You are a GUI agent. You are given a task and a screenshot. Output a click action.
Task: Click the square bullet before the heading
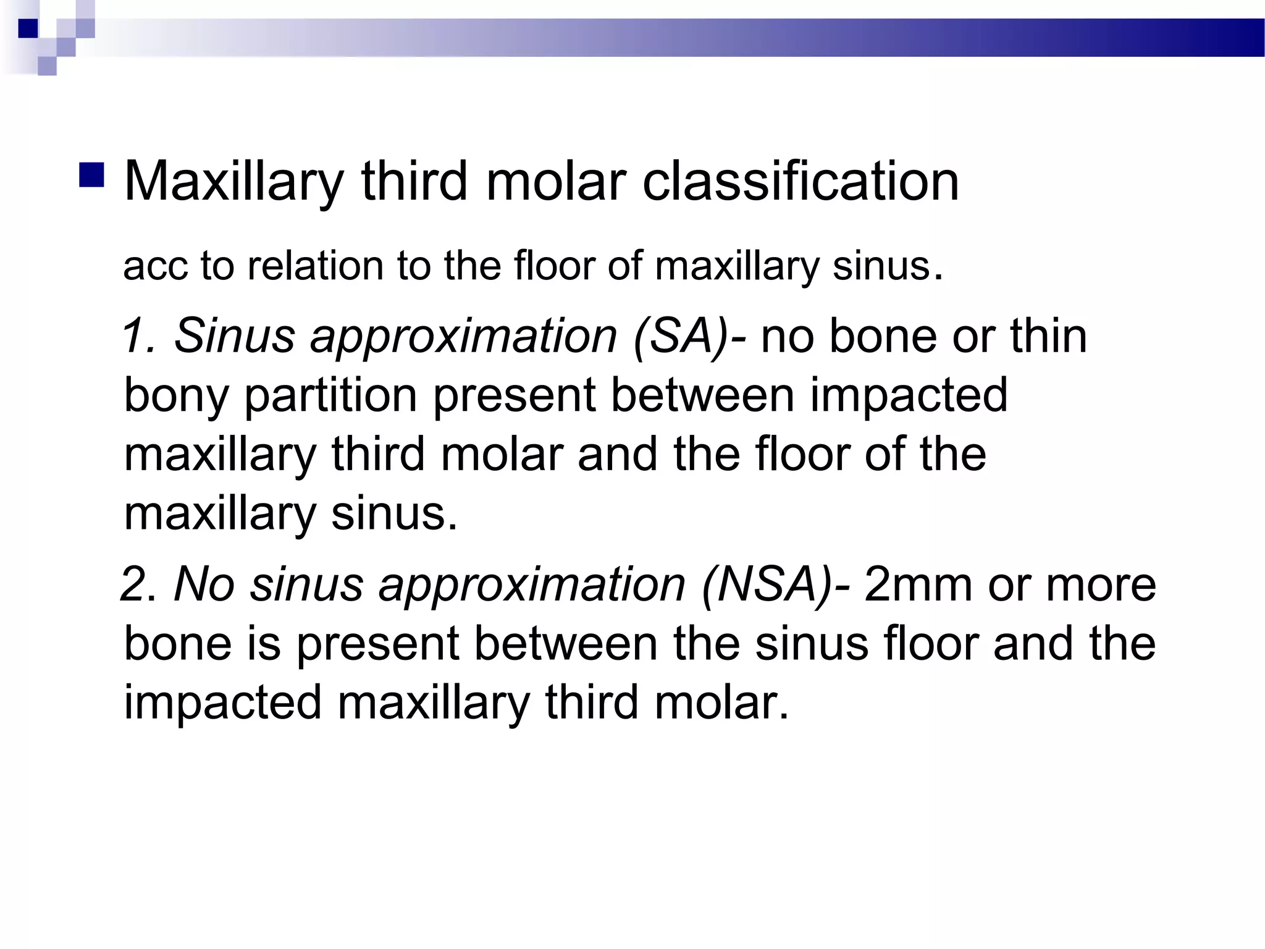(91, 175)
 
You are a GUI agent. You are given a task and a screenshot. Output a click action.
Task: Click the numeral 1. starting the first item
(139, 335)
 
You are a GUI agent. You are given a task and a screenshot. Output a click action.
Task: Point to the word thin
(1048, 335)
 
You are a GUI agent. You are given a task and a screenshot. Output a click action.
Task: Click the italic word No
(204, 584)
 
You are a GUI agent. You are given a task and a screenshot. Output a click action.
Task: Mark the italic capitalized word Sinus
(235, 335)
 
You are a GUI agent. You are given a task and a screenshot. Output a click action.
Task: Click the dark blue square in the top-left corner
(28, 28)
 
